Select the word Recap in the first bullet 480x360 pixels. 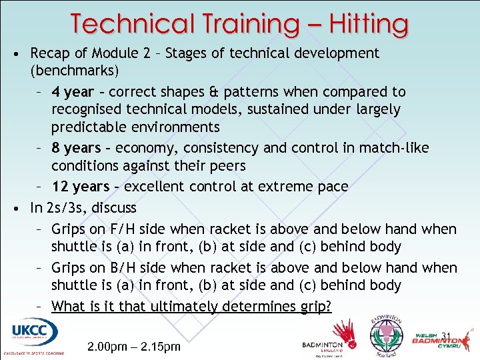(51, 53)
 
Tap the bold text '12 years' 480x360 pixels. (80, 186)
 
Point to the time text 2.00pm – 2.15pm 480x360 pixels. (134, 347)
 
